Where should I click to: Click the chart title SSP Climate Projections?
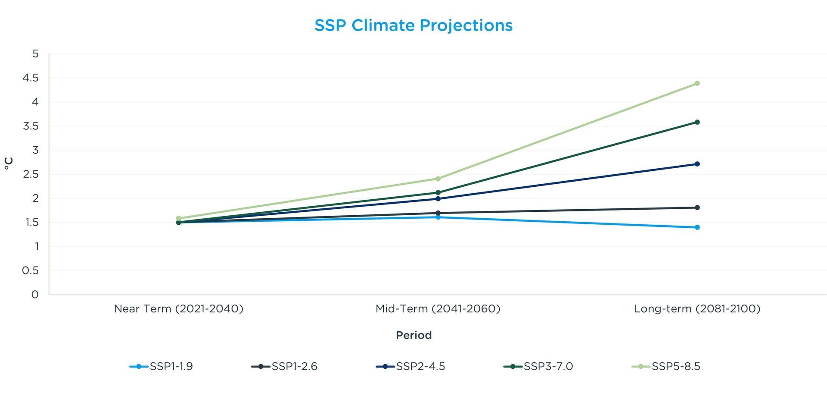pos(413,25)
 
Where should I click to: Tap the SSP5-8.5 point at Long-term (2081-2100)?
pos(697,83)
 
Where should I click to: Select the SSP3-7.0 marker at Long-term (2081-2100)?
pos(697,122)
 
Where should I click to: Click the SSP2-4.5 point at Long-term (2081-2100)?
pos(697,164)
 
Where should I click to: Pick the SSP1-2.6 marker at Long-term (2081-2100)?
pos(697,207)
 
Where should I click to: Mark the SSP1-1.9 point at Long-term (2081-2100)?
pos(697,227)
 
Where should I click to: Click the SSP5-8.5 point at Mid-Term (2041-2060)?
pos(438,179)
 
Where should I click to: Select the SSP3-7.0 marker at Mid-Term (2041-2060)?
pos(438,192)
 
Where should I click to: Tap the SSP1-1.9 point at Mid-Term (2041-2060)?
pos(438,217)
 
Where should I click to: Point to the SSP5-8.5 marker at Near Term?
pos(179,218)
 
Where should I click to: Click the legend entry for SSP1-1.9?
pos(162,367)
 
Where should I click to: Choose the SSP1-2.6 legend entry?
pos(284,367)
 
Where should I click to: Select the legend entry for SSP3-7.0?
pos(538,367)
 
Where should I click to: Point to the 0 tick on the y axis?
pos(35,295)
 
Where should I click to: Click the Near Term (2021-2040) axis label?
pos(179,309)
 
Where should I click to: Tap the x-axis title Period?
pos(413,335)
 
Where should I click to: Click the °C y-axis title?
pos(9,163)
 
